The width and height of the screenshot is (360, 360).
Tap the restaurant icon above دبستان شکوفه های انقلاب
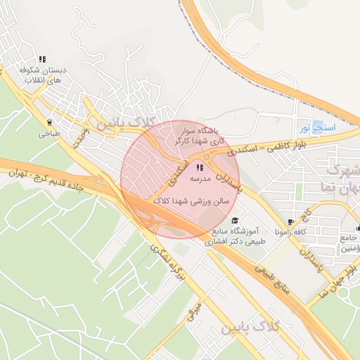[42, 60]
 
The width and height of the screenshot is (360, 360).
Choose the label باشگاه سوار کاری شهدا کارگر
[205, 136]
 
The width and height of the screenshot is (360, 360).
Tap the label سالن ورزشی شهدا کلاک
[200, 200]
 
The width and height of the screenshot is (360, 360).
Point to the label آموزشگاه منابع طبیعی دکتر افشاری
[235, 236]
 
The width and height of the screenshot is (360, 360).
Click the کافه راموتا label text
[290, 231]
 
